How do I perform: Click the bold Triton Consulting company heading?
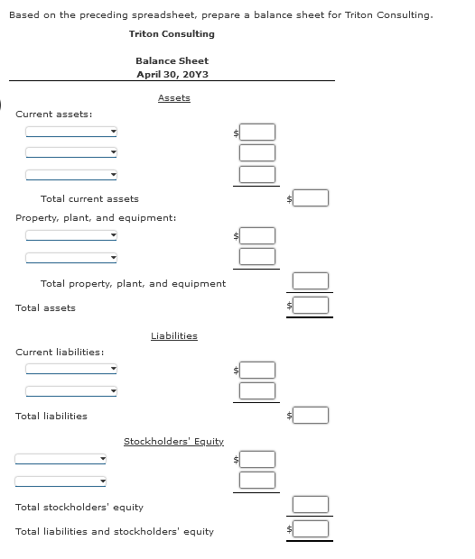coord(172,33)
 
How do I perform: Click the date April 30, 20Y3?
coord(172,74)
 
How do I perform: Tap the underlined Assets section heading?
coord(173,97)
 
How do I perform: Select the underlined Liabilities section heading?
coord(173,335)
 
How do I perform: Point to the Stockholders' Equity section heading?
coord(173,441)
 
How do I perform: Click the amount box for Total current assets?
coord(311,197)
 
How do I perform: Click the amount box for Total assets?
coord(311,306)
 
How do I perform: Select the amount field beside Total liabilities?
coord(311,415)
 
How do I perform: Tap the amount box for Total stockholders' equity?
coord(311,504)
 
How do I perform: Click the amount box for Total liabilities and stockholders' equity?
coord(311,528)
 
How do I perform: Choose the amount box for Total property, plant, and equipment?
coord(311,282)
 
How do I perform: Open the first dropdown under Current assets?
coord(71,132)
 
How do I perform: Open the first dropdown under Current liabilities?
coord(71,369)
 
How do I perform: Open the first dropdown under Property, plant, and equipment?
coord(71,235)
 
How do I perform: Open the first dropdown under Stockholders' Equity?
coord(61,458)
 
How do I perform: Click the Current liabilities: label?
coord(59,352)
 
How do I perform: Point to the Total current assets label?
coord(89,198)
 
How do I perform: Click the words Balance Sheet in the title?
coord(172,60)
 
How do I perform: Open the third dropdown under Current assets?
coord(71,175)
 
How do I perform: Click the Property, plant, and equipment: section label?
coord(96,217)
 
